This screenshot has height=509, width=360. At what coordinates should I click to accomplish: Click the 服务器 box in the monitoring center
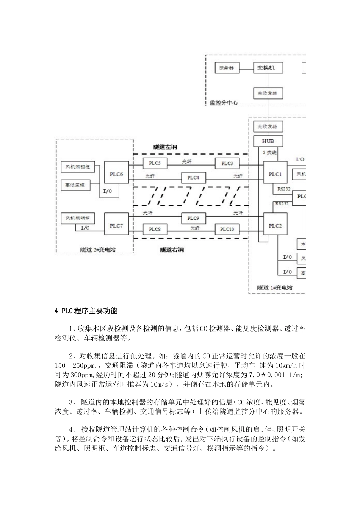(x=227, y=68)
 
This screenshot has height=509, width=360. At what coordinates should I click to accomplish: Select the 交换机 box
(x=268, y=68)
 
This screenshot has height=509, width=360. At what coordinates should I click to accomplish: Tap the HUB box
(x=268, y=141)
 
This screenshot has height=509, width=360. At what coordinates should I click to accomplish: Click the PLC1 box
(x=275, y=174)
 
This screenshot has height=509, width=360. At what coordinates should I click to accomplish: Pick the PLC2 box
(x=275, y=226)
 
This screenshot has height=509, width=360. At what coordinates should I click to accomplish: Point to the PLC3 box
(x=227, y=163)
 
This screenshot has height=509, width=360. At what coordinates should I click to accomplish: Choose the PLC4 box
(x=193, y=177)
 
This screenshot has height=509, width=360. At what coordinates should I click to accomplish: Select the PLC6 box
(x=116, y=174)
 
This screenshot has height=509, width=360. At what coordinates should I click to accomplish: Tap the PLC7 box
(x=116, y=226)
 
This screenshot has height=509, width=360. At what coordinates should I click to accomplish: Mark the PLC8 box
(x=155, y=229)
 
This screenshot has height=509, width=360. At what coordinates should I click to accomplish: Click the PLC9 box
(x=193, y=218)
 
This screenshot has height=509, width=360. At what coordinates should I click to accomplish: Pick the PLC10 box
(x=227, y=229)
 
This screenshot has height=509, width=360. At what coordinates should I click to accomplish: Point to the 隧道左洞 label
(x=166, y=147)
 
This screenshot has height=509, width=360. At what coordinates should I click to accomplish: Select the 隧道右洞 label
(x=172, y=250)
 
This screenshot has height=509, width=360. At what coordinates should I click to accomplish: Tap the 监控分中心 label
(x=224, y=102)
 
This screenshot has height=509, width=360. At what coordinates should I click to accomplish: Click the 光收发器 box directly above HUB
(x=268, y=126)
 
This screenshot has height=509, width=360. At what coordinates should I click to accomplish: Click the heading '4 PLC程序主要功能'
(x=86, y=311)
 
